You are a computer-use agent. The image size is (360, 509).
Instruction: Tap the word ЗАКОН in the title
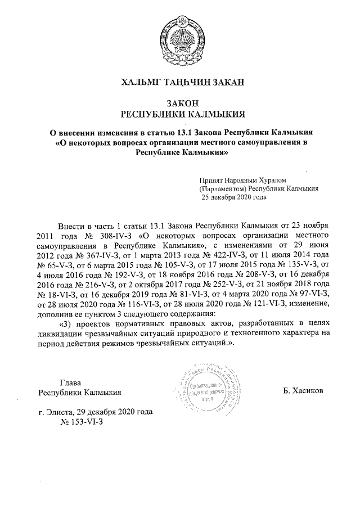(179, 103)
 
